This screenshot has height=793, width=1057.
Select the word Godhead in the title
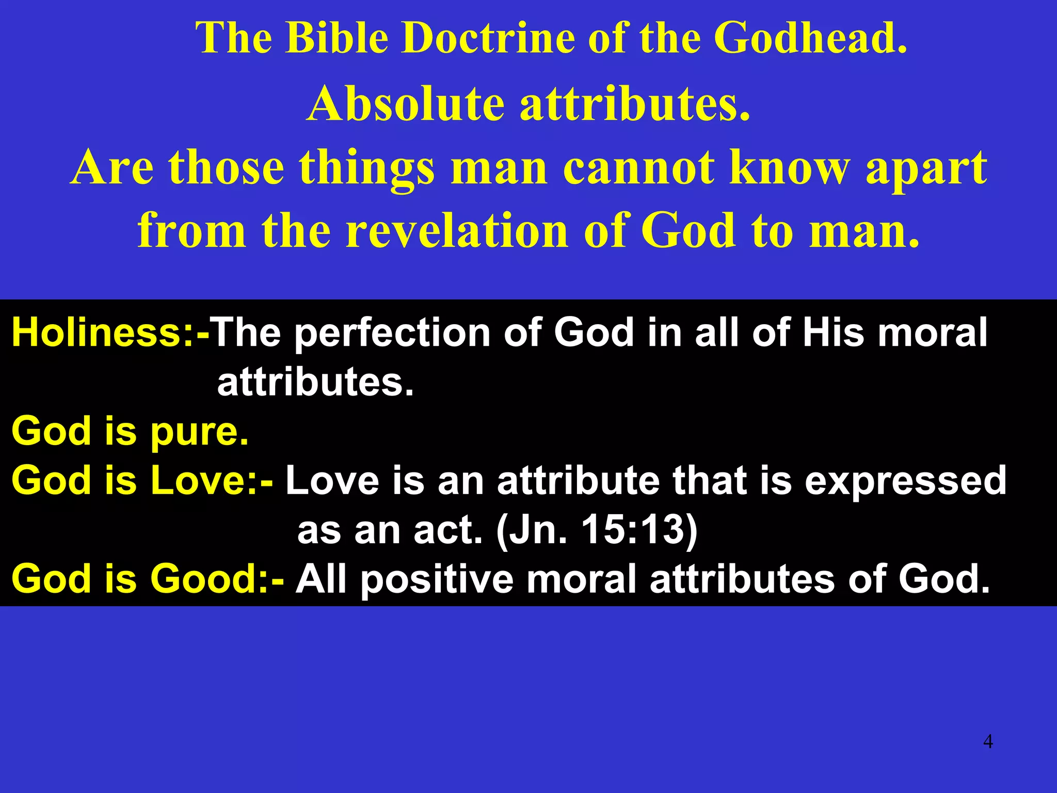pos(810,38)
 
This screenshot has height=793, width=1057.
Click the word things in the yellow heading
pos(367,168)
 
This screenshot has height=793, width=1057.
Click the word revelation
pos(456,231)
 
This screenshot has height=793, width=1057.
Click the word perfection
pos(392,334)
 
